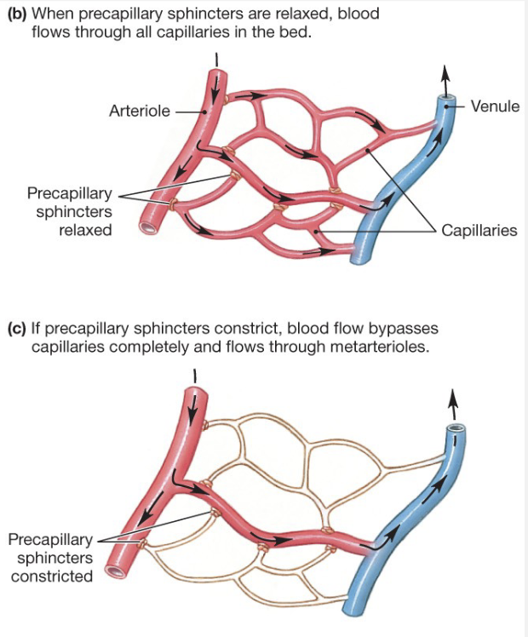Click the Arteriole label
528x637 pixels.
pyautogui.click(x=140, y=111)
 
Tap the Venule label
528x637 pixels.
pyautogui.click(x=495, y=106)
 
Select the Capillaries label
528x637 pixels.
pyautogui.click(x=479, y=231)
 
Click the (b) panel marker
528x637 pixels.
pyautogui.click(x=16, y=15)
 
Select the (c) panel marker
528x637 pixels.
pyautogui.click(x=16, y=329)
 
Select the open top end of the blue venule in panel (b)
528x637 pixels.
pyautogui.click(x=445, y=100)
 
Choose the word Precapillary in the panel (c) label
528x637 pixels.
pyautogui.click(x=49, y=539)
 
